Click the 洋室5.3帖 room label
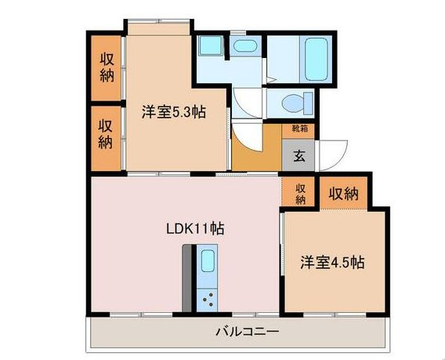(174, 112)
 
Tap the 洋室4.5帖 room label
(332, 262)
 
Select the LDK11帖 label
(195, 228)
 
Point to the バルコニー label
(248, 331)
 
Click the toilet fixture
(298, 104)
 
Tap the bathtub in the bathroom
(316, 59)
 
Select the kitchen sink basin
(208, 261)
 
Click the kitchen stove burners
(208, 300)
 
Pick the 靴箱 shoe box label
(298, 129)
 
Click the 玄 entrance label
(298, 156)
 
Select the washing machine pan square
(210, 45)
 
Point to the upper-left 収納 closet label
(107, 67)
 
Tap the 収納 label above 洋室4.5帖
(343, 194)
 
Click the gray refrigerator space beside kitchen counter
(186, 278)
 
